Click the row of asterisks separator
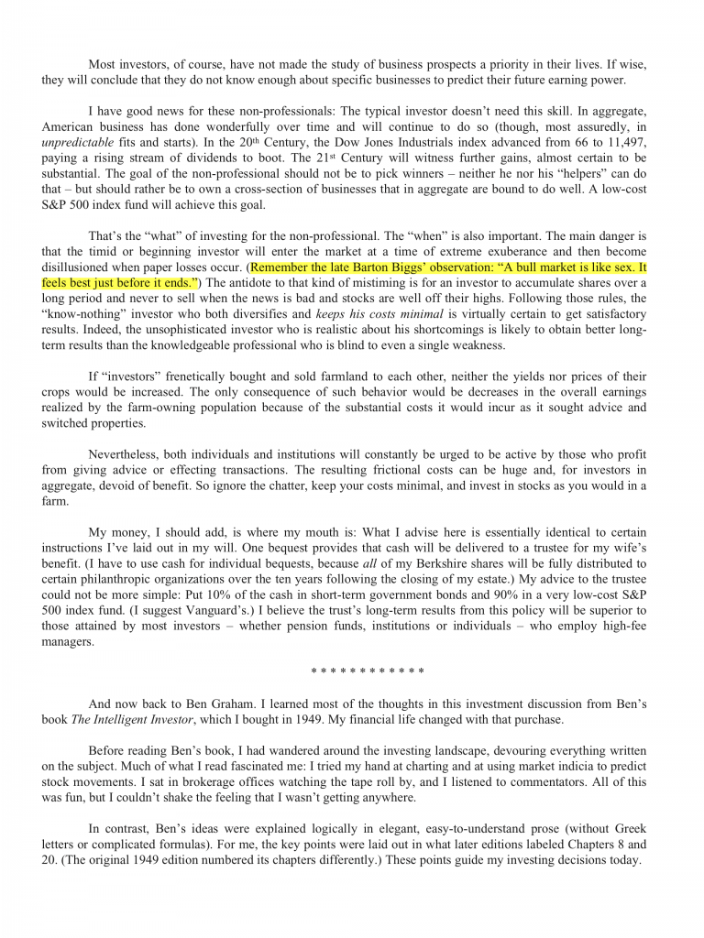pyautogui.click(x=367, y=671)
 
